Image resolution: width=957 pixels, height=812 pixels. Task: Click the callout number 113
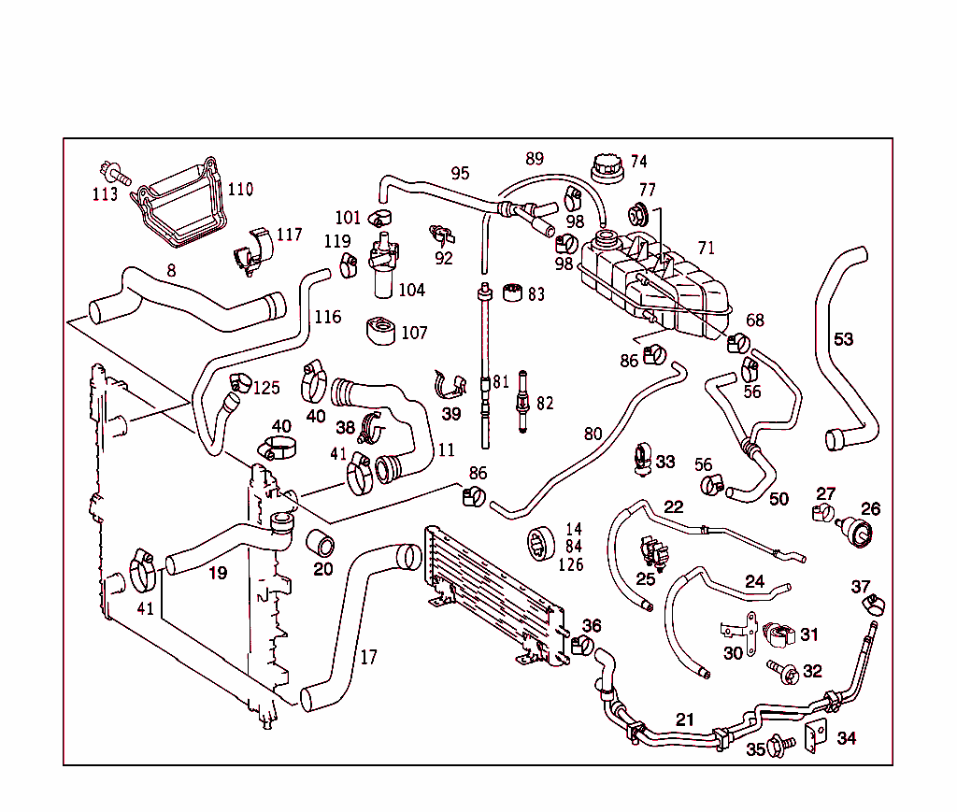click(105, 194)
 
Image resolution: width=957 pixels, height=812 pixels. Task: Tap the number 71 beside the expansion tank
click(706, 248)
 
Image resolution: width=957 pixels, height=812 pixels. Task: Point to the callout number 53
click(843, 339)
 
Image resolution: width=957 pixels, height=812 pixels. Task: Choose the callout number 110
click(240, 190)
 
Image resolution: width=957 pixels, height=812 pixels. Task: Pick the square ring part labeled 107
click(380, 332)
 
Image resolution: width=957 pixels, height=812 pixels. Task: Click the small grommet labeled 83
click(511, 293)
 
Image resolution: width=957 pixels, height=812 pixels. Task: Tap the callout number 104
click(411, 290)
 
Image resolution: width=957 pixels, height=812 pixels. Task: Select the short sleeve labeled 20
click(321, 543)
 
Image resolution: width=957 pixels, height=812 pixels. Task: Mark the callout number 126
click(570, 564)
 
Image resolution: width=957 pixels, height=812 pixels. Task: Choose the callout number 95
click(460, 174)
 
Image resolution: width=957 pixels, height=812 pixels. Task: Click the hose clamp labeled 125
click(239, 381)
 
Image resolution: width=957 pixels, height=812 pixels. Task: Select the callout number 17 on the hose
click(368, 657)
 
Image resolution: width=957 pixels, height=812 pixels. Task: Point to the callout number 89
click(534, 159)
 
